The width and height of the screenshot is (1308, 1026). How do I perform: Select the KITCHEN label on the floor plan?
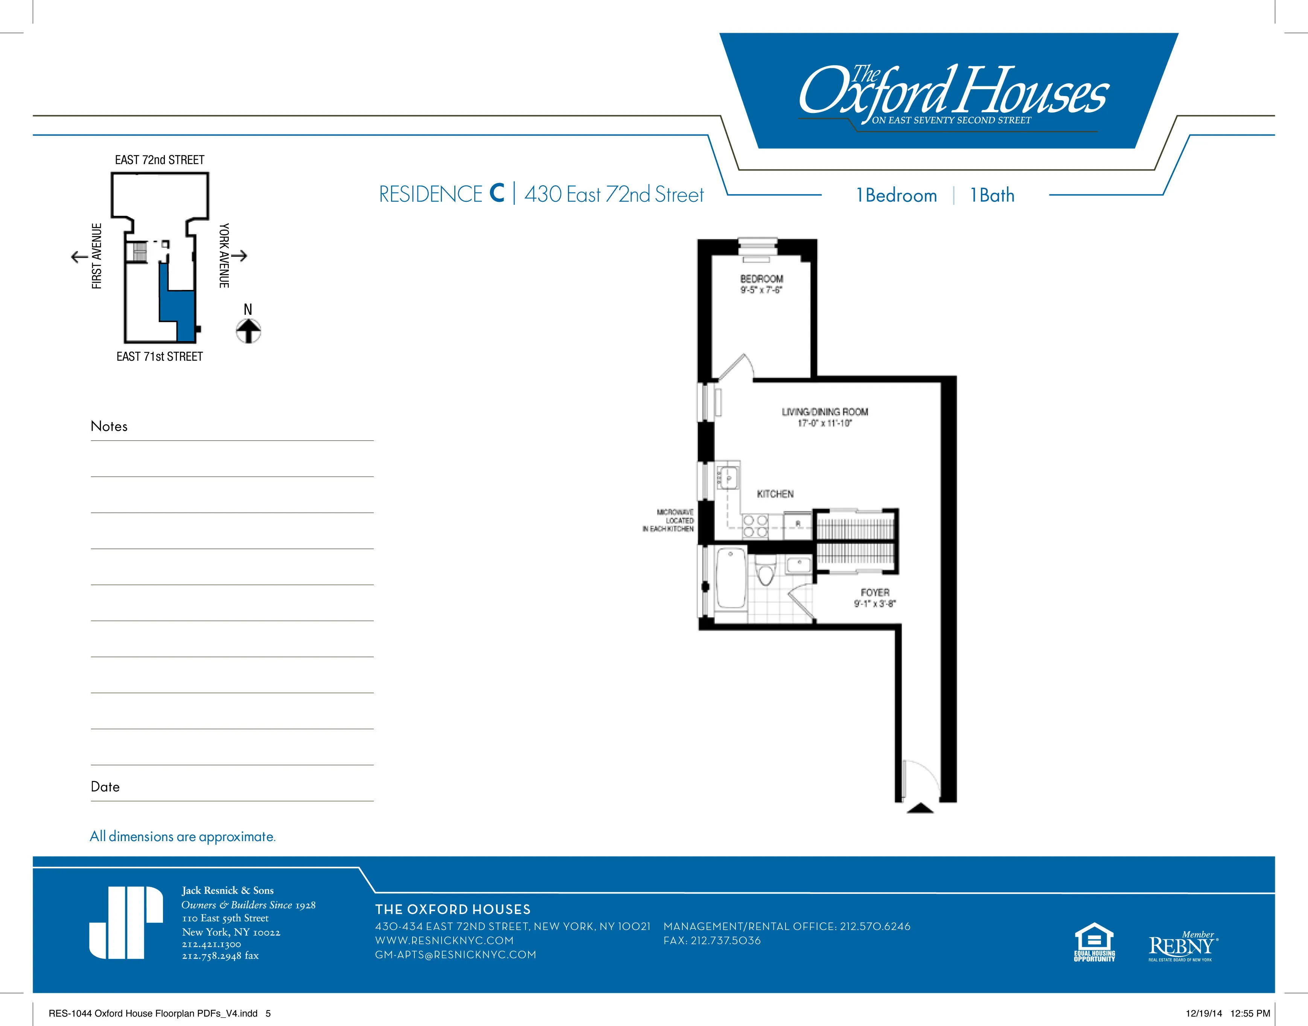775,494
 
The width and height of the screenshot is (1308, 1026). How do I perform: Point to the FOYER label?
874,592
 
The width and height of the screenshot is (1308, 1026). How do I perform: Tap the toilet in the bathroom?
764,572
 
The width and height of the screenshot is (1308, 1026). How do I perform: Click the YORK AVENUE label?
224,255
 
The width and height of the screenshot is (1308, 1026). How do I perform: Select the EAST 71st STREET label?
159,357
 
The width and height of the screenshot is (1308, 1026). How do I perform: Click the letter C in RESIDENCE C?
496,194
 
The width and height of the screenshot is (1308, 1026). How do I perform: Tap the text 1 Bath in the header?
992,195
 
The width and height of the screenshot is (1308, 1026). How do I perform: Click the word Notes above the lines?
109,427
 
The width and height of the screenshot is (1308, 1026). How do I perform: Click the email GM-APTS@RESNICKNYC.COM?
455,954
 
